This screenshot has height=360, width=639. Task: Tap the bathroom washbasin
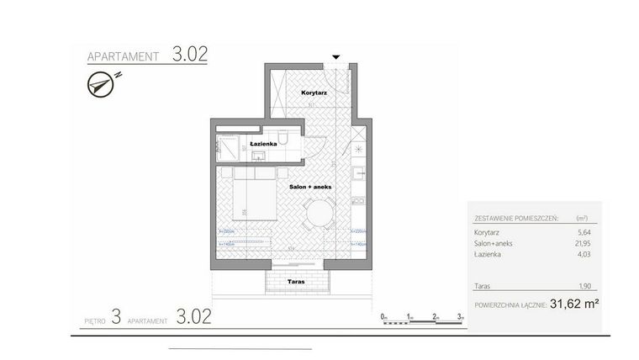[252, 135]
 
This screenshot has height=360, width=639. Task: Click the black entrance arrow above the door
[336, 57]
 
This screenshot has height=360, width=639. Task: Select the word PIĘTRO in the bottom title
[95, 320]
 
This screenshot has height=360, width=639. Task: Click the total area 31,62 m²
[574, 305]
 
